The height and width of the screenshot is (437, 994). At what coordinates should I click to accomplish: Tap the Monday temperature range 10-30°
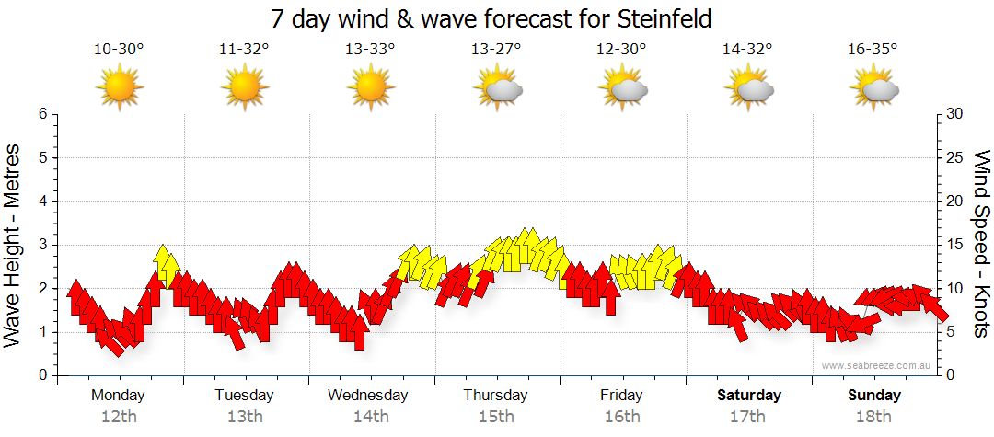click(x=119, y=50)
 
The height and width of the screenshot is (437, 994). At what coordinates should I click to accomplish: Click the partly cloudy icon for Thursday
click(x=497, y=89)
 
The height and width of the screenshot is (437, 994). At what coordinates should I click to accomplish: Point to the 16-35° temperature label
click(x=873, y=50)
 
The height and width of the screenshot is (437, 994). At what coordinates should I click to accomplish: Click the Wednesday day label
click(x=368, y=396)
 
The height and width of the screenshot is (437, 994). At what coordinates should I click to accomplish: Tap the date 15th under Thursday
click(x=496, y=416)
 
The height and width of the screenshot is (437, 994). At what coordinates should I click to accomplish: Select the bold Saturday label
click(x=748, y=396)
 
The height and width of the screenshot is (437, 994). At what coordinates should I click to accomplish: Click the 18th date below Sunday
click(x=874, y=416)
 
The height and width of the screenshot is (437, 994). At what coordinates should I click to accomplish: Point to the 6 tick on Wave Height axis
click(x=42, y=114)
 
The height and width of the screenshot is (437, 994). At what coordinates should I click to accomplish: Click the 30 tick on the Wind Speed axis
click(x=955, y=114)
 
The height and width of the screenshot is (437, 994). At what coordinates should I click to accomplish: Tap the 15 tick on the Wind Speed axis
click(x=955, y=245)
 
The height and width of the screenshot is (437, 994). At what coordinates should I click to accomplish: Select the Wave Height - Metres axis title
click(x=14, y=245)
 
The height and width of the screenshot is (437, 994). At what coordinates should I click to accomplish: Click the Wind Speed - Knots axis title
click(x=980, y=245)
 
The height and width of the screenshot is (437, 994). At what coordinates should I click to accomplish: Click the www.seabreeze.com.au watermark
click(x=877, y=365)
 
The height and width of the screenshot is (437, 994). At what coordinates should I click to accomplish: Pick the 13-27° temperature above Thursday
click(x=496, y=50)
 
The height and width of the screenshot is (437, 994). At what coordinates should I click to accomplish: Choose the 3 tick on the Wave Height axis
click(x=42, y=245)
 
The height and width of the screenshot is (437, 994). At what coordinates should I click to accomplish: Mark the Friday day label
click(x=622, y=396)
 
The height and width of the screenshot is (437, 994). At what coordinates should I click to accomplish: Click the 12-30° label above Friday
click(x=622, y=50)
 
